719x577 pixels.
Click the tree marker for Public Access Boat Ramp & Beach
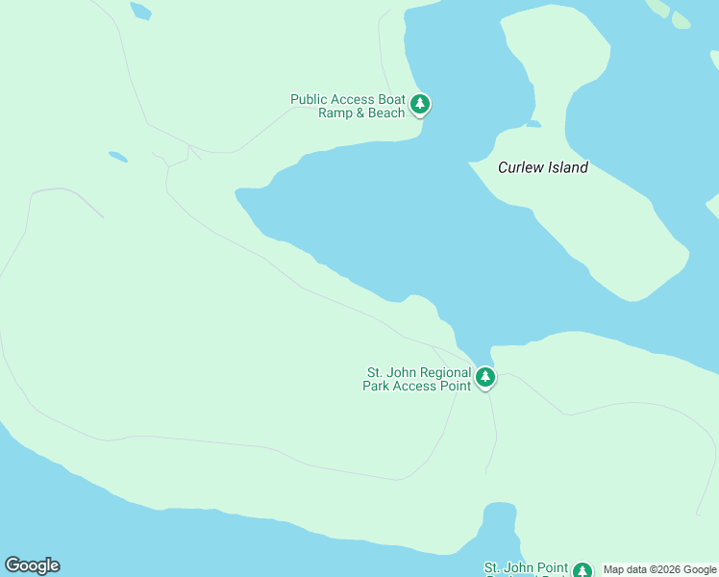coord(419,104)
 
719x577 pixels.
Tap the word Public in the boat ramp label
coord(310,99)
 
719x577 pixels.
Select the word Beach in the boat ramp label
coord(386,113)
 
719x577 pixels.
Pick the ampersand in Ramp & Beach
coord(361,113)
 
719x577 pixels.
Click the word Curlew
coord(520,167)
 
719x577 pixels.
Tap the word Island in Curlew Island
coord(567,167)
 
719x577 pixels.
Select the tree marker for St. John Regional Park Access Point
coord(485,377)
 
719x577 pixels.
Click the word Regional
coord(445,372)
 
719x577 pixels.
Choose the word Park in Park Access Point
coord(378,386)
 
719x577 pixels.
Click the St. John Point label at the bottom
coord(525,568)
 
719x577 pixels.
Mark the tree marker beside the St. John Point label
coord(582,570)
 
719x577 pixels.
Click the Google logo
coord(32,565)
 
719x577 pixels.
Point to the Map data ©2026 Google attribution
coord(659,569)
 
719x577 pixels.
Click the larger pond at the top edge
coord(140,11)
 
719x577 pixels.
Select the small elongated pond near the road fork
coord(117,156)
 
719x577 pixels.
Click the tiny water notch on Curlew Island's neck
coord(533,124)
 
